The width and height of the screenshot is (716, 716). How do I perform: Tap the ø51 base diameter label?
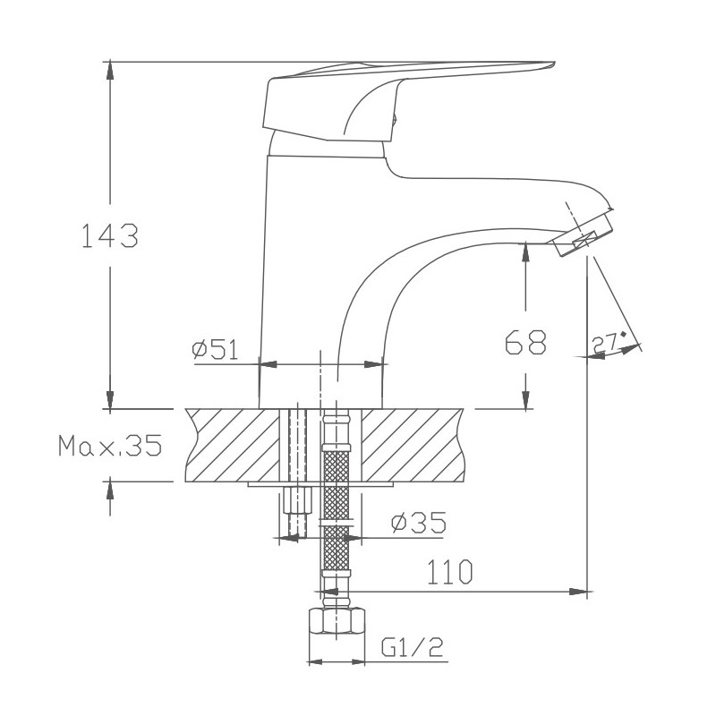(214, 350)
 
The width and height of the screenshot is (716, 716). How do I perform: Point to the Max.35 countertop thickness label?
(109, 445)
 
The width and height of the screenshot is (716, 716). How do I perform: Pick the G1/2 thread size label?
(413, 646)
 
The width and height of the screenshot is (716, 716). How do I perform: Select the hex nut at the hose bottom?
(336, 624)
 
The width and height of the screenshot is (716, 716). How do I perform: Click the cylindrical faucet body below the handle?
(304, 268)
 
